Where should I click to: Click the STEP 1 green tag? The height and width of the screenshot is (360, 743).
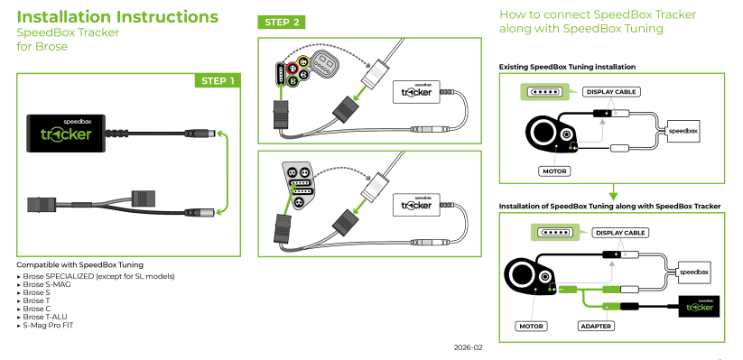(218, 80)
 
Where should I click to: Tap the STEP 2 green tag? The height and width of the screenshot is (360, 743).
(282, 23)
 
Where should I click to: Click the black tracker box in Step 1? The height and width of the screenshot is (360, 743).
(65, 134)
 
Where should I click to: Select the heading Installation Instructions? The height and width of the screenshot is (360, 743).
(117, 16)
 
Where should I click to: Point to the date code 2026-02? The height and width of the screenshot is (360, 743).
(468, 347)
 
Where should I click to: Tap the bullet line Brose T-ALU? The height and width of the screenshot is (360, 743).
(45, 317)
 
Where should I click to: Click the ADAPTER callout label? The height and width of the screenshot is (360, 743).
(596, 326)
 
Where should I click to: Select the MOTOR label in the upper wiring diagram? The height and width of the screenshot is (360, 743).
(554, 171)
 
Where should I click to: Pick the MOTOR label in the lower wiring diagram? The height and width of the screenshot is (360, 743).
(531, 326)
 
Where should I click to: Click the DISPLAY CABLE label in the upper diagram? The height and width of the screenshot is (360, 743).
(611, 91)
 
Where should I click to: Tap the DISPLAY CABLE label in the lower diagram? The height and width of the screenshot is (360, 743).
(620, 233)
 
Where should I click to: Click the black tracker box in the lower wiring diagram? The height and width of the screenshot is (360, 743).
(699, 307)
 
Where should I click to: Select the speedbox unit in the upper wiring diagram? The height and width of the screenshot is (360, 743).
(683, 130)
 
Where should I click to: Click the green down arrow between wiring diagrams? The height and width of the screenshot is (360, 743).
(613, 191)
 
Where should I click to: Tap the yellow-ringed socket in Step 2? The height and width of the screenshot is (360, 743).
(303, 62)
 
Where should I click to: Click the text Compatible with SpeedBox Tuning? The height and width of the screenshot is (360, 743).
(79, 264)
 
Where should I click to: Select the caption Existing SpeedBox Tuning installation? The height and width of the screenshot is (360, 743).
(567, 67)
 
